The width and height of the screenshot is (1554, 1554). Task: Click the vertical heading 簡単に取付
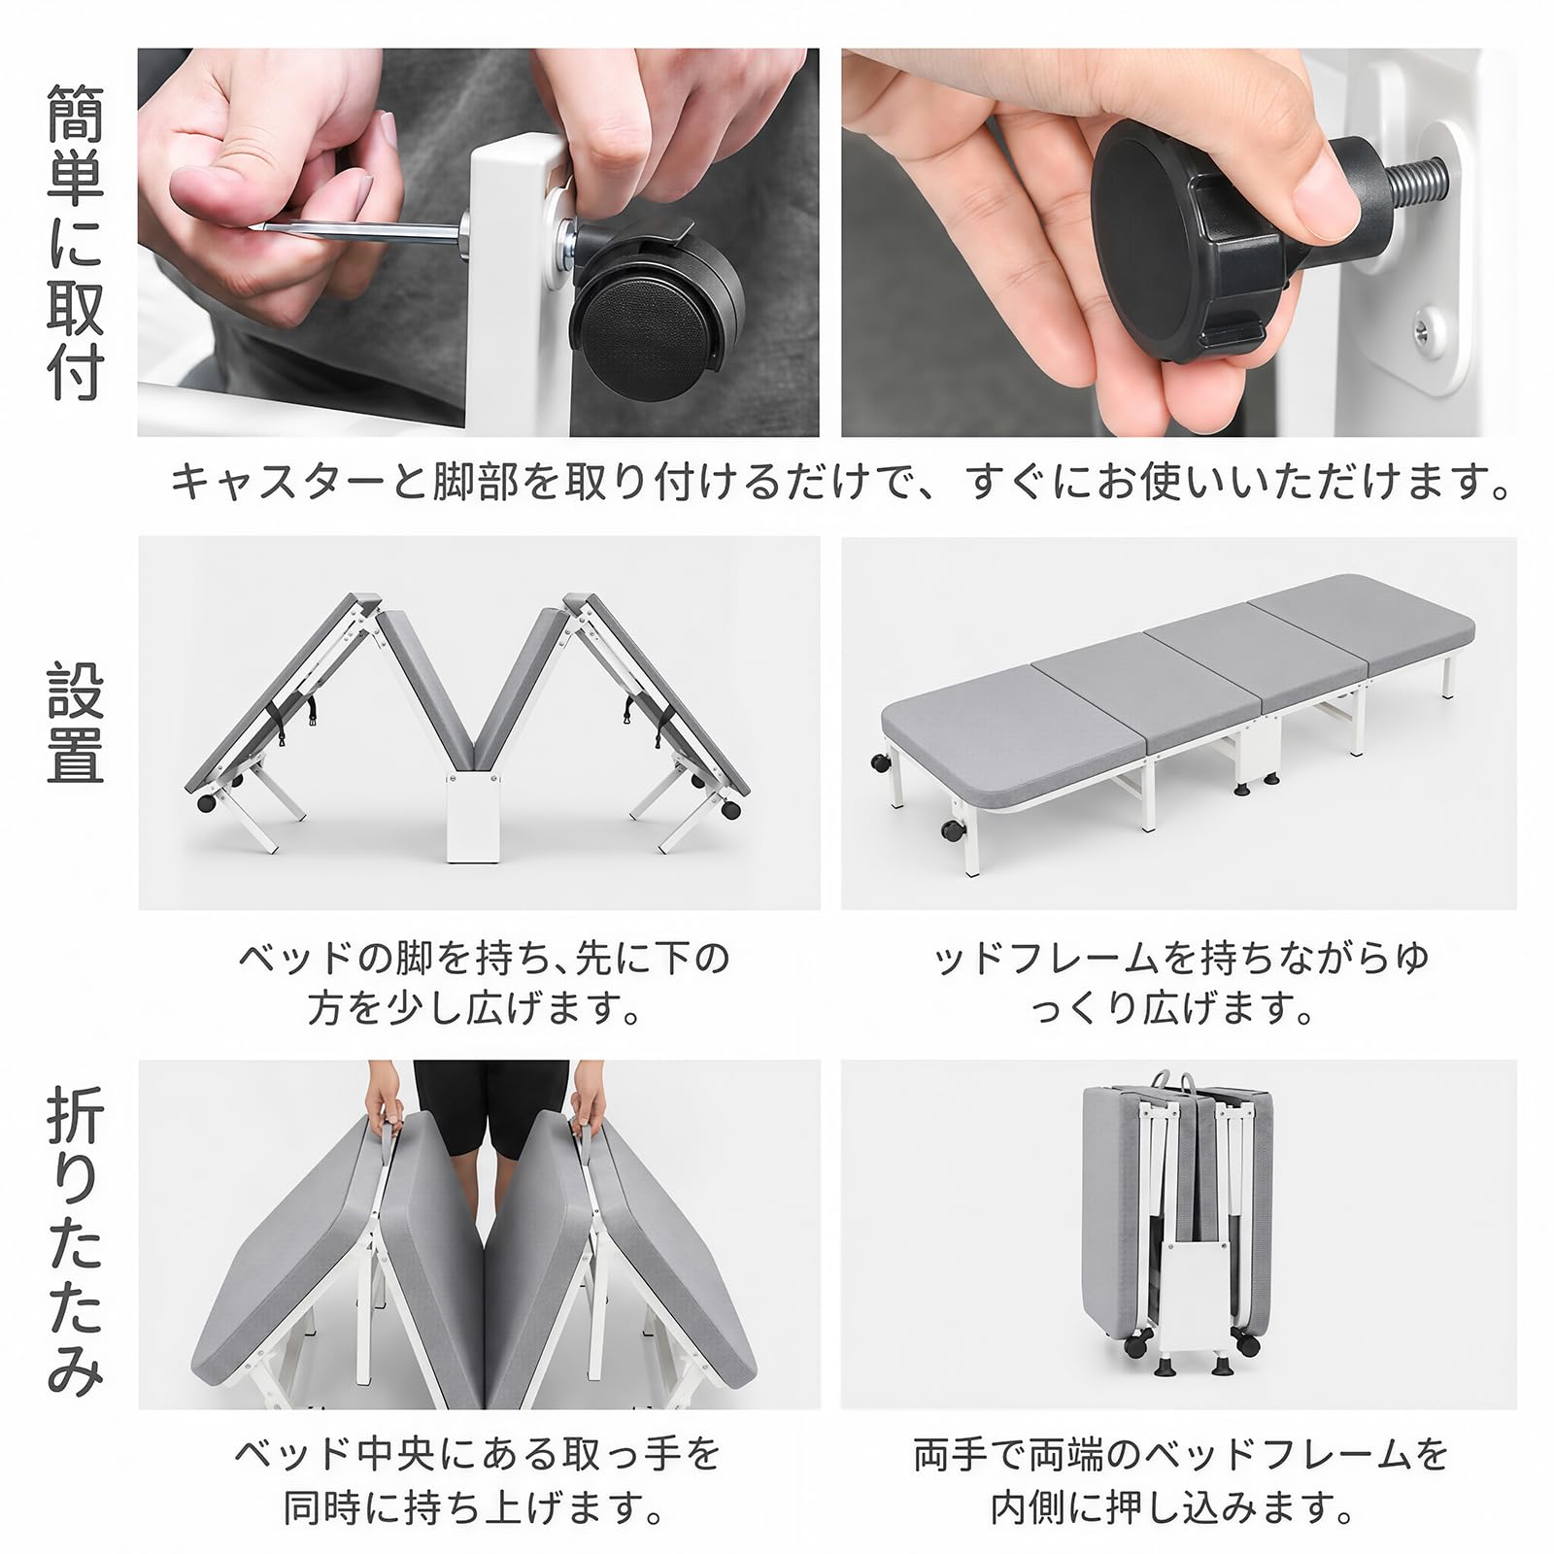(75, 243)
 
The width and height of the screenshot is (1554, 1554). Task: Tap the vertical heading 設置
(75, 724)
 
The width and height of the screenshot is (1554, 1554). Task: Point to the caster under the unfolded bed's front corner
(948, 830)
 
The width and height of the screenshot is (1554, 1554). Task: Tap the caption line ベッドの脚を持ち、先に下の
(483, 959)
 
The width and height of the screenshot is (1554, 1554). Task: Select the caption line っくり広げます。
(1175, 1010)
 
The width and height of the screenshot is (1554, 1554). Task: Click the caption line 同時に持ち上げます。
(475, 1508)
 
